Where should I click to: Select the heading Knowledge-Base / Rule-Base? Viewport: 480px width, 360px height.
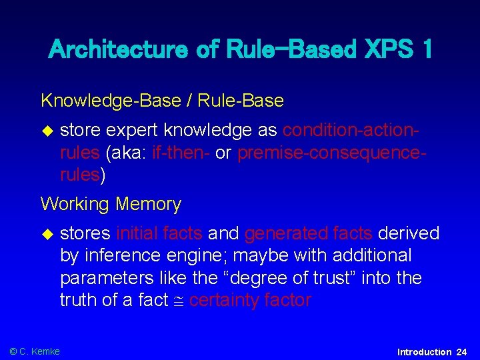pyautogui.click(x=162, y=101)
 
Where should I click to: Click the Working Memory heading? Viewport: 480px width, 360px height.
pyautogui.click(x=111, y=204)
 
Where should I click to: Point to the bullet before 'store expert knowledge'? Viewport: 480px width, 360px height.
pyautogui.click(x=46, y=130)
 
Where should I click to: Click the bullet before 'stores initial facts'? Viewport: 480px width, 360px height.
pyautogui.click(x=46, y=233)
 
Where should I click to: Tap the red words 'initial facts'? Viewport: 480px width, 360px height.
pyautogui.click(x=159, y=233)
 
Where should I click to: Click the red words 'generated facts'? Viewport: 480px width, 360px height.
pyautogui.click(x=309, y=233)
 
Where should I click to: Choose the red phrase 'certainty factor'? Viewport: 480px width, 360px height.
pyautogui.click(x=250, y=301)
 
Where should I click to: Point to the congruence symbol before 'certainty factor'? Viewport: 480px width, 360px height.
pyautogui.click(x=178, y=301)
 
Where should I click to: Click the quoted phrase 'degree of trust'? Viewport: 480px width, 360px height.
pyautogui.click(x=259, y=278)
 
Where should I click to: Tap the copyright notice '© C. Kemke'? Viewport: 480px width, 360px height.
pyautogui.click(x=35, y=351)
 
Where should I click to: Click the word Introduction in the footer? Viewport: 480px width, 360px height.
pyautogui.click(x=424, y=352)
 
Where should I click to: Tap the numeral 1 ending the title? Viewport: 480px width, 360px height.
pyautogui.click(x=424, y=49)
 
